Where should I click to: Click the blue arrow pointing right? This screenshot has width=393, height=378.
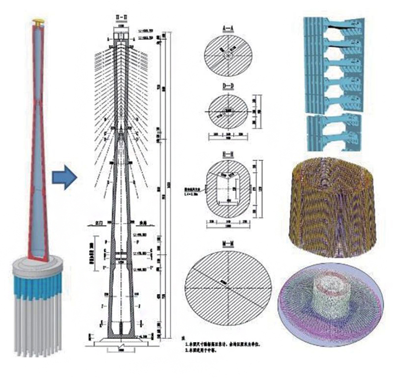(64, 177)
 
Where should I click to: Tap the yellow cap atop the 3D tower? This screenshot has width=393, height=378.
(37, 22)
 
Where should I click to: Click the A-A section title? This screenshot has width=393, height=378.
(227, 29)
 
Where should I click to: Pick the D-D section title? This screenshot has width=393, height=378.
(227, 87)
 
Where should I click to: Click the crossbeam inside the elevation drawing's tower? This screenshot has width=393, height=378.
(121, 255)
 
